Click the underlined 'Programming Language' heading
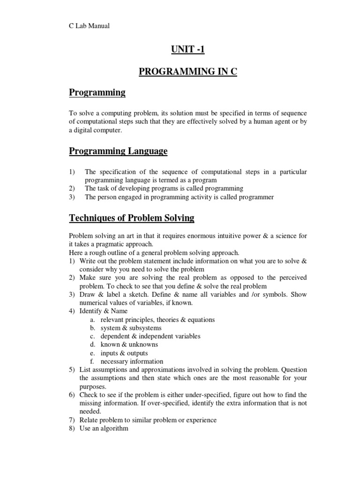click(118, 151)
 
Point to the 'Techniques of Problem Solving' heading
click(132, 218)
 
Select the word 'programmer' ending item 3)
click(257, 197)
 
